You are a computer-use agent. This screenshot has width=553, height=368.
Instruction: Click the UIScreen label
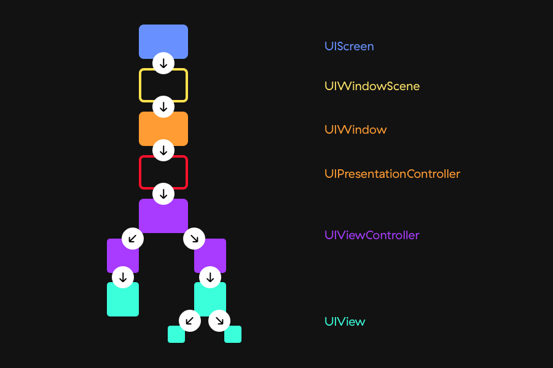click(349, 46)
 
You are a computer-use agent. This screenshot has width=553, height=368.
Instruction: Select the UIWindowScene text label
click(372, 86)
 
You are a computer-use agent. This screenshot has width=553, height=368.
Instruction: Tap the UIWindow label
click(355, 129)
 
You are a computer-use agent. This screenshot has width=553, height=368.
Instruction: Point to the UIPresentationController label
click(392, 174)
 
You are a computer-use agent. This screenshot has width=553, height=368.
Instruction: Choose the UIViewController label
click(372, 235)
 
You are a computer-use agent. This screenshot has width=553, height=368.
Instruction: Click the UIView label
click(345, 321)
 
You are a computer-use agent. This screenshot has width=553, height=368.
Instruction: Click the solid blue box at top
click(163, 39)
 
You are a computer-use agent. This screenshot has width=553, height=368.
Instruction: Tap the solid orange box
click(163, 128)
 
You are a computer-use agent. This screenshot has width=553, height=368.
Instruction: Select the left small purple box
click(122, 255)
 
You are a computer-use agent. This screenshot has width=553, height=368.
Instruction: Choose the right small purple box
click(211, 254)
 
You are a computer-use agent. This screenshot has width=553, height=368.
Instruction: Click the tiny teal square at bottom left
click(176, 334)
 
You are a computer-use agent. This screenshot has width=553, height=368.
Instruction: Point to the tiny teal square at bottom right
click(233, 334)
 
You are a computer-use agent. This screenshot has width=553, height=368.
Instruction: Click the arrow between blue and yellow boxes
click(163, 63)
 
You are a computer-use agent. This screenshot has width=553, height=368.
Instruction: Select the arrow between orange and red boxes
click(163, 150)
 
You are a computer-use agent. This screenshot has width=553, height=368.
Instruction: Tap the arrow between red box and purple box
click(163, 194)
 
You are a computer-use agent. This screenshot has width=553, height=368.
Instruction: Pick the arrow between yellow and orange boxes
click(163, 107)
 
